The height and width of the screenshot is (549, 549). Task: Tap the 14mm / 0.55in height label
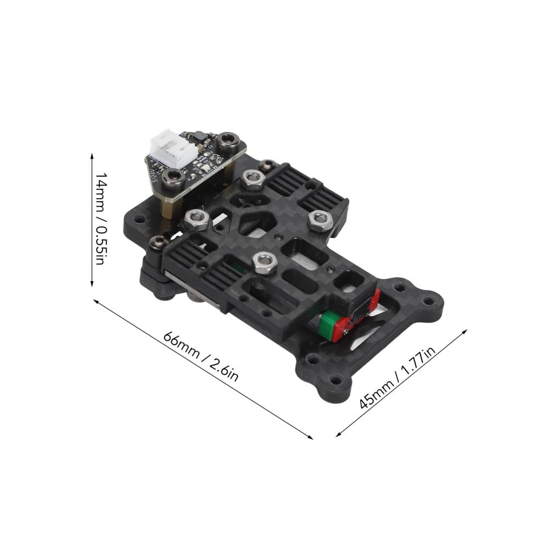coord(102,219)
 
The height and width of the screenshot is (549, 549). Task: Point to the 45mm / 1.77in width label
coord(397,378)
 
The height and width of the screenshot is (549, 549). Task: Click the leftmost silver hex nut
coord(197,220)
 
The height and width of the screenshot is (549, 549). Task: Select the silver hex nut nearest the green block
coord(265,263)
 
